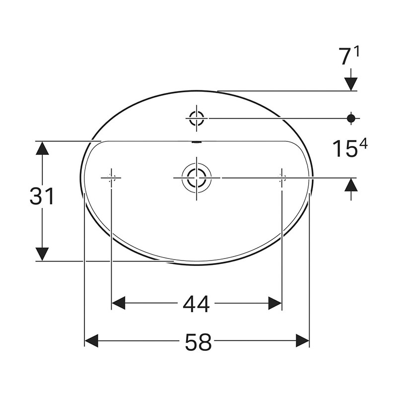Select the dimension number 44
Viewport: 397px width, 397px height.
coord(196,304)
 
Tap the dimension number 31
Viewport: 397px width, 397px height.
coord(42,197)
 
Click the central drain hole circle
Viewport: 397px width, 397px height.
coord(196,177)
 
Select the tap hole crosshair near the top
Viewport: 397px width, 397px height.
coord(197,118)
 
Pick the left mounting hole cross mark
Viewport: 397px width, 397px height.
coord(111,177)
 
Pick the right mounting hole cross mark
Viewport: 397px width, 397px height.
coord(282,177)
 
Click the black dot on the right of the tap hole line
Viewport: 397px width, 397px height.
coord(351,118)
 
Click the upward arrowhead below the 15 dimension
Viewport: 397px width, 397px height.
coord(351,185)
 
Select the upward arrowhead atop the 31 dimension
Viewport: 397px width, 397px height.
coord(43,148)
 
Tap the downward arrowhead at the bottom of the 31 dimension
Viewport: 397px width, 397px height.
coord(43,254)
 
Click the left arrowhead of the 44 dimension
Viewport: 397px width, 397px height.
coord(118,303)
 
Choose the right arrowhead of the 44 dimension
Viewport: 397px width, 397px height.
coord(275,303)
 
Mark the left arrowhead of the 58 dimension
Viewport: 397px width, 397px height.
coord(92,341)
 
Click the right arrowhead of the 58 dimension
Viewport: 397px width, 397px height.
coord(302,341)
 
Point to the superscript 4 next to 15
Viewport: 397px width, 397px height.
coord(363,144)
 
